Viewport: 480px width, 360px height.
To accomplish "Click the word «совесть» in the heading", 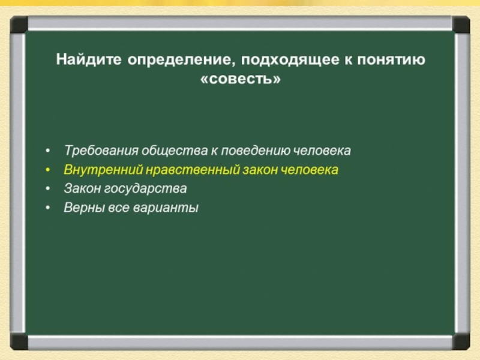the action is (241, 79).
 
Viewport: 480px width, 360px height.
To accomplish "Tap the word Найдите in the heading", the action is (89, 59).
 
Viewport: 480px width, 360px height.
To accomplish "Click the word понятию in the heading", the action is (391, 59).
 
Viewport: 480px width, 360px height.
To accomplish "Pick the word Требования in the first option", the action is (101, 151).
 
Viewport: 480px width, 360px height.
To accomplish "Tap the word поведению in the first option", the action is (256, 151).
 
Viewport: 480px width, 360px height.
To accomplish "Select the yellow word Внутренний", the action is (103, 170).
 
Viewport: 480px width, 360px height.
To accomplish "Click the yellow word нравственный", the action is (192, 170).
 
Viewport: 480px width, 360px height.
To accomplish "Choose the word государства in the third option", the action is (145, 189).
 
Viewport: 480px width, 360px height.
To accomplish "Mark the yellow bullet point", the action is (47, 170).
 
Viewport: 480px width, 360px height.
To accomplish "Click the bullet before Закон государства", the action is (47, 189).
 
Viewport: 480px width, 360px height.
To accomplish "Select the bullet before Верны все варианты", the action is (47, 208).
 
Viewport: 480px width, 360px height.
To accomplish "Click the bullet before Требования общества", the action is (47, 151).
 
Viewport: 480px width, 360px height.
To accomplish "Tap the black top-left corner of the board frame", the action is (19, 25).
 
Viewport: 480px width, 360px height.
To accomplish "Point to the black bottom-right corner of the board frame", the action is (461, 342).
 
